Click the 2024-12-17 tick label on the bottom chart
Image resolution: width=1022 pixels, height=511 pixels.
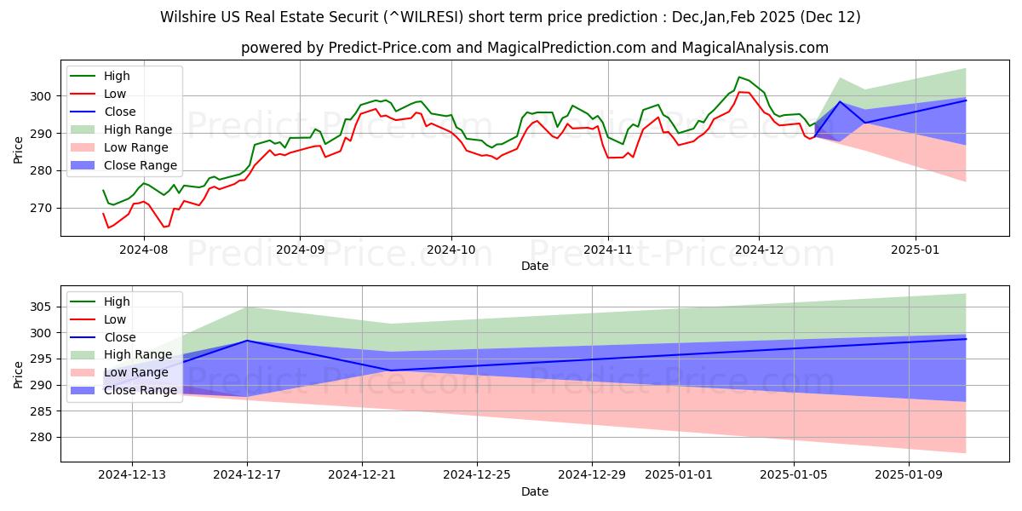(x=247, y=474)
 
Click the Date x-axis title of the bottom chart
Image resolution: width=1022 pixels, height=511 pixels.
(x=534, y=491)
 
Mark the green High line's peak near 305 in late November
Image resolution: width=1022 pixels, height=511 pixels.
(x=739, y=77)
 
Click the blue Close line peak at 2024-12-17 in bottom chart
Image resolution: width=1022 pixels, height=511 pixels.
(x=247, y=341)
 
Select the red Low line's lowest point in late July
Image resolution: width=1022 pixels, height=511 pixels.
(x=108, y=227)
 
